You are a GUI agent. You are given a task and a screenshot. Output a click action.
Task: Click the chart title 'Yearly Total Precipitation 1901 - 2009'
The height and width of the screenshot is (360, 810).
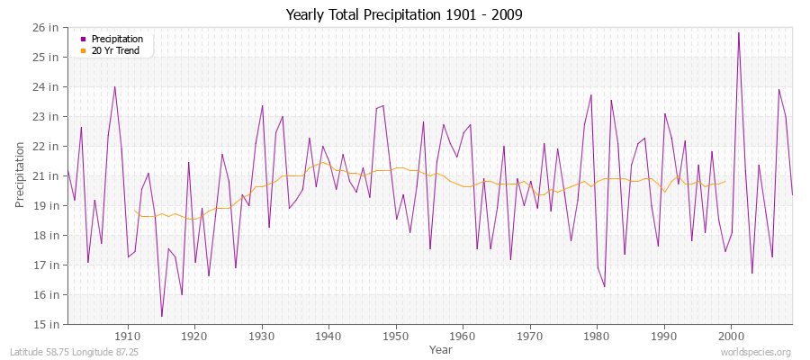(404, 15)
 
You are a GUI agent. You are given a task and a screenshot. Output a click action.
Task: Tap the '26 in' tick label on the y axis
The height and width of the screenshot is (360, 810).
(47, 28)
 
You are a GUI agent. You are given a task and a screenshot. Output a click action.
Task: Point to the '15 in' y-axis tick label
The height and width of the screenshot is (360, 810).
(47, 324)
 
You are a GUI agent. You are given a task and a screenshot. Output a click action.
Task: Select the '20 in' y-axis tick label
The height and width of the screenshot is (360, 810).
(47, 176)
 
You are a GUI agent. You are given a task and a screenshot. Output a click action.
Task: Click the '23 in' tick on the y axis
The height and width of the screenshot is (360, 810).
(47, 117)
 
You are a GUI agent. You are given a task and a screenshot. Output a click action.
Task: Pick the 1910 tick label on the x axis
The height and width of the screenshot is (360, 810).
(127, 336)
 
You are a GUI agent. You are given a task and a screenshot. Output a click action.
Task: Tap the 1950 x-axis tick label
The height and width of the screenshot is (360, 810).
(395, 336)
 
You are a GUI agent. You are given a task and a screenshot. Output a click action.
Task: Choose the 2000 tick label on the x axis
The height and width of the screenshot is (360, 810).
(730, 336)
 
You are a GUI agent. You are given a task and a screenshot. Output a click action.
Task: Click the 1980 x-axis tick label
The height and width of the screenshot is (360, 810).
(596, 336)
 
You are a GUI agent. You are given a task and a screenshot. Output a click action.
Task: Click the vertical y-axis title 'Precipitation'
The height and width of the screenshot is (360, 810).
(20, 175)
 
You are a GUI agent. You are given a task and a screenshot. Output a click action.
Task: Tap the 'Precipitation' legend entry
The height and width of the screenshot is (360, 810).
(117, 39)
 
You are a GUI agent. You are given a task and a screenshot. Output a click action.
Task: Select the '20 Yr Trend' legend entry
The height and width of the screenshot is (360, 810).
(116, 50)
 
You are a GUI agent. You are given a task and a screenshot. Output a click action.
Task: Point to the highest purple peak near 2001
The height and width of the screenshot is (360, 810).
(739, 33)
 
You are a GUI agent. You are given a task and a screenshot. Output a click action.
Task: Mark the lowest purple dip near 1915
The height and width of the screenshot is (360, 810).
(162, 316)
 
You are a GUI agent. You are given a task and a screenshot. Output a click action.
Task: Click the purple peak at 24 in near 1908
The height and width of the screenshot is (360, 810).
(114, 87)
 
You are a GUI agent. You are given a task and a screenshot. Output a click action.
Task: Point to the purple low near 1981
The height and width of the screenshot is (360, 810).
(605, 286)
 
